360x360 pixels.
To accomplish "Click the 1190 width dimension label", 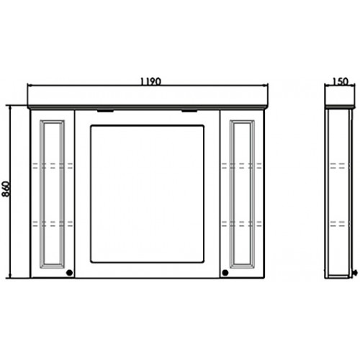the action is [150, 81].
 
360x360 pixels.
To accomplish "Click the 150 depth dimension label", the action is [341, 81].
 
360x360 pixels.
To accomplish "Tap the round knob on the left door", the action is [69, 272].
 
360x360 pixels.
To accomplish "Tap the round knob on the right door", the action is [225, 272].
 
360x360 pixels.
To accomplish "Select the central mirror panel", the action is [148, 194].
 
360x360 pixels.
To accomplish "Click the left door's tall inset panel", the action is [52, 194].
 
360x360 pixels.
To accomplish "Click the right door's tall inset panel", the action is [242, 194].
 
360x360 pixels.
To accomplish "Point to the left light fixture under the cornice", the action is [105, 111].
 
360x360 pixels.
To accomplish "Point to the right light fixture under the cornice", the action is [189, 111].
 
